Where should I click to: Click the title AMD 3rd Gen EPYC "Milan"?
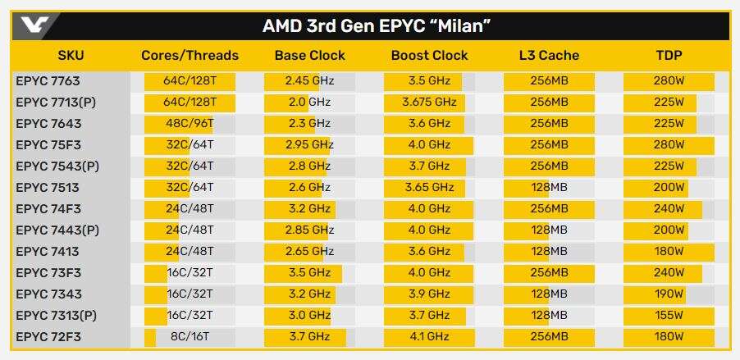(x=377, y=25)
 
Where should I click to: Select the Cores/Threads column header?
(x=190, y=56)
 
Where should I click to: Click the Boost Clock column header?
(x=429, y=56)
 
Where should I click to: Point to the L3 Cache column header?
(x=549, y=56)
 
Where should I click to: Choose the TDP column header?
(x=669, y=56)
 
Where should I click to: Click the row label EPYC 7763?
(x=48, y=81)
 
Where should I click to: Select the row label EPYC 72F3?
(x=48, y=337)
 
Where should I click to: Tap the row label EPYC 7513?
(x=48, y=188)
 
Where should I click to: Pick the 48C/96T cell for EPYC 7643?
(x=190, y=124)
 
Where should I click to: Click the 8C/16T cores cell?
(x=190, y=337)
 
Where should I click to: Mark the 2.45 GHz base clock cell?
(x=308, y=81)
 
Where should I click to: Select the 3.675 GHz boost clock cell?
(x=429, y=103)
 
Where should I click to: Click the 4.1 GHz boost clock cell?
(x=429, y=337)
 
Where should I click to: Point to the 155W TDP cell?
(x=669, y=316)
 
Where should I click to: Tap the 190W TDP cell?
(x=669, y=294)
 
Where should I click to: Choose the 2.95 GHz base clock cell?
(x=308, y=145)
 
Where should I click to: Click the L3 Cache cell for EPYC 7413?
(x=549, y=252)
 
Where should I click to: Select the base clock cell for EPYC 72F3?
(x=308, y=337)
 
